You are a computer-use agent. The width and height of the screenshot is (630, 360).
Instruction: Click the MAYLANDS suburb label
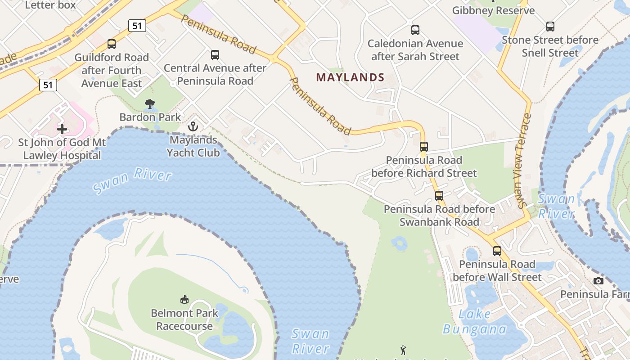point(350,77)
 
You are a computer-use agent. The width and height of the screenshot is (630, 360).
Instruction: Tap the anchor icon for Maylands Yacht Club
point(193,126)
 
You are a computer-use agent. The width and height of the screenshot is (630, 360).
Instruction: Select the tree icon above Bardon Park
point(150,104)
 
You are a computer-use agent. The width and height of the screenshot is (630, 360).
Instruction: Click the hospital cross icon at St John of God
point(62,130)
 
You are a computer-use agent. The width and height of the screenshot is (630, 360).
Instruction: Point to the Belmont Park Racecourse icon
point(184,299)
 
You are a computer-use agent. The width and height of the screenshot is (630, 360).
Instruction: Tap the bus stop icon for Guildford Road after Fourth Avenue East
point(112,44)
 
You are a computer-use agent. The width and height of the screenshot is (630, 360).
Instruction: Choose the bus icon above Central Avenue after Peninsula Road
point(215,55)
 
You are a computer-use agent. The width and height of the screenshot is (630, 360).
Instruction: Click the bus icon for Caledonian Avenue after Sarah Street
point(415,30)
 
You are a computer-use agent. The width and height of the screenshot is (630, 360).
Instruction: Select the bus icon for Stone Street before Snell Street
point(550,27)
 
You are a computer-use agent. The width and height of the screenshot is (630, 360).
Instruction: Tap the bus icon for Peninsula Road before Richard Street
point(424,147)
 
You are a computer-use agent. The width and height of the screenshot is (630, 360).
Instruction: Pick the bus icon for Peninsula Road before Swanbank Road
point(439,196)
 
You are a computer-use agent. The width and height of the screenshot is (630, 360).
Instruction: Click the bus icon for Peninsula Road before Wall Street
point(497,251)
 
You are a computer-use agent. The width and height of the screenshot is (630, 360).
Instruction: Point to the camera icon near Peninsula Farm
point(598,281)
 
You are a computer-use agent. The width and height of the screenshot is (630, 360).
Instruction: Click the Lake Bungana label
point(475,322)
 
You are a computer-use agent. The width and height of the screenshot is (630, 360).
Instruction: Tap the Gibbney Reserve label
point(493,10)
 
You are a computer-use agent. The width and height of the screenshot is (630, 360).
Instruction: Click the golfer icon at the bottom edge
point(403,350)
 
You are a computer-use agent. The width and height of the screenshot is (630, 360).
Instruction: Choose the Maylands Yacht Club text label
point(193,146)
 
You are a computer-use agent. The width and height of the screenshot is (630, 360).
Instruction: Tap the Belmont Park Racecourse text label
point(184,319)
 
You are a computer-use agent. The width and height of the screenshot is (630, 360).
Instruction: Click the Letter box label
point(51,5)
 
